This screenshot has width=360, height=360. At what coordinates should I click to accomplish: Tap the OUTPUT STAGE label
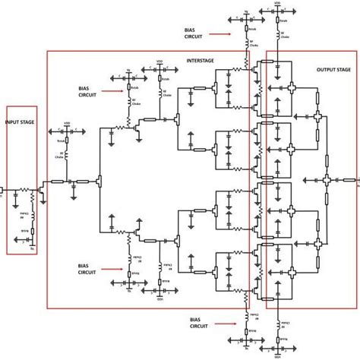333,69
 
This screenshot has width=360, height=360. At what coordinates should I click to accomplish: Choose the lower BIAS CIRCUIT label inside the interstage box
88,267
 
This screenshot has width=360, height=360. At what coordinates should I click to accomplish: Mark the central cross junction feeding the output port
327,180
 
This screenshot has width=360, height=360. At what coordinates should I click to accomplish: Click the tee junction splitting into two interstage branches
99,181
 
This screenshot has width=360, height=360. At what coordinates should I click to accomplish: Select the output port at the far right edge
355,181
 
